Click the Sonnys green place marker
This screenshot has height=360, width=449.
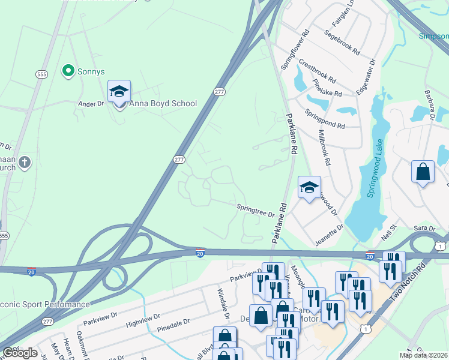(68, 71)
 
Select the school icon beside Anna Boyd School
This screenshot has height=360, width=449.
(119, 92)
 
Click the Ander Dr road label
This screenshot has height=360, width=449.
(91, 104)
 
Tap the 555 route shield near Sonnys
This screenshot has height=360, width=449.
(41, 74)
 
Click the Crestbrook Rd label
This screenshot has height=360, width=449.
(317, 71)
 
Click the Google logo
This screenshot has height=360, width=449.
(20, 353)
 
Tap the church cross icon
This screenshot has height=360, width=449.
(24, 162)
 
